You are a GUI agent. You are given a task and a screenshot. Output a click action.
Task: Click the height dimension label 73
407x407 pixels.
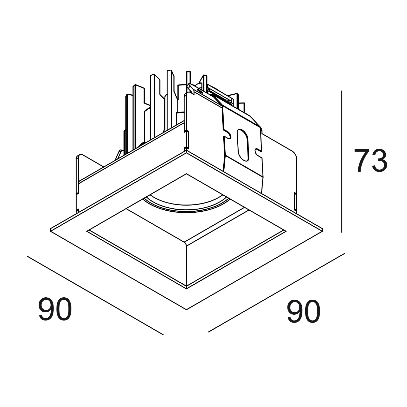click(x=371, y=161)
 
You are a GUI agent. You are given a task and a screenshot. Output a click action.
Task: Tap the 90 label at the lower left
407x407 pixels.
click(x=55, y=310)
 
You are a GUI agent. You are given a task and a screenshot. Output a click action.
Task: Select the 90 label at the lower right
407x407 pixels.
click(x=304, y=312)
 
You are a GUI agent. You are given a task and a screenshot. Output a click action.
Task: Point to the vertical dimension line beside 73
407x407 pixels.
click(x=342, y=162)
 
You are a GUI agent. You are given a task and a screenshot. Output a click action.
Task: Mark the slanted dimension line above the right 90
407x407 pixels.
click(x=277, y=293)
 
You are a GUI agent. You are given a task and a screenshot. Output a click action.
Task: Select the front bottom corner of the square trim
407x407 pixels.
click(x=186, y=309)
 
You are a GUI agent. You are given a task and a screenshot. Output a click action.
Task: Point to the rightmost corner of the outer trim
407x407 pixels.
click(x=323, y=228)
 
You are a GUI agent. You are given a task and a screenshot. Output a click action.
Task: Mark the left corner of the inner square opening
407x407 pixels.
click(x=87, y=231)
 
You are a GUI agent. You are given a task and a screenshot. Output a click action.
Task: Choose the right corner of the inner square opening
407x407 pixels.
click(x=286, y=231)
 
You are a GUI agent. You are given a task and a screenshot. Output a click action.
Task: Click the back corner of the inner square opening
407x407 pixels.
click(x=186, y=174)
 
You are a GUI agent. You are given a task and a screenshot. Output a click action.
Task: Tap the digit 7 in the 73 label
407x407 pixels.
click(x=362, y=161)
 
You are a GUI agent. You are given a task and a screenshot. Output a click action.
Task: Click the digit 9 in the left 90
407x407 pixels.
click(x=46, y=310)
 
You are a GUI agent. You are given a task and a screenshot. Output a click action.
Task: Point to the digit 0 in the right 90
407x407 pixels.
click(x=313, y=312)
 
